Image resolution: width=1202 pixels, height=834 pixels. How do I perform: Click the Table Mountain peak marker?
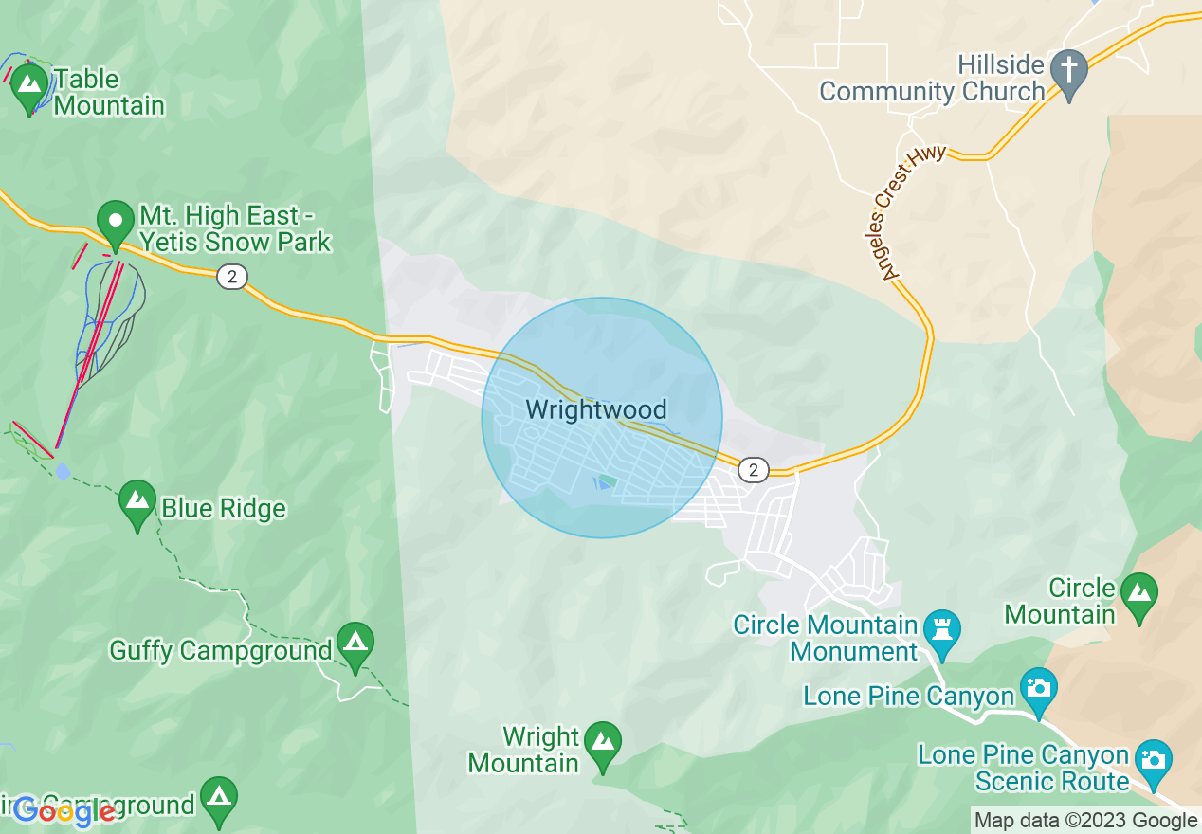point(29,84)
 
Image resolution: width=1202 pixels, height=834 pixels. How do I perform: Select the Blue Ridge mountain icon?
point(137,502)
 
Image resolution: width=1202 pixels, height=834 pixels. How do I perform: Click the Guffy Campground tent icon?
point(355,645)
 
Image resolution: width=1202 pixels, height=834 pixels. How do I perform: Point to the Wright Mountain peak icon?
point(603,745)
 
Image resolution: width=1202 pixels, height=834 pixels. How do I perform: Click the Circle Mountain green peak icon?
point(1138,595)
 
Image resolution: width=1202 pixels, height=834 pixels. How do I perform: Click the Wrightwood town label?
point(596,410)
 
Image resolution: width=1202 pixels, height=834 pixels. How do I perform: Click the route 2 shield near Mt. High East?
point(231,277)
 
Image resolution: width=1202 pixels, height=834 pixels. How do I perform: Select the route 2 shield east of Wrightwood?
point(753,469)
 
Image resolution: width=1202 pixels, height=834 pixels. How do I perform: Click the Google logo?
point(64,810)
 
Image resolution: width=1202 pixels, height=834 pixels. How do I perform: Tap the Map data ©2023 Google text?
point(1086,821)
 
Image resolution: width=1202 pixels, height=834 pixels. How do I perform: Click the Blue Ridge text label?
point(224,509)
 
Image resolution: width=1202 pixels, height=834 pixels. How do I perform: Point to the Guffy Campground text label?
point(221,651)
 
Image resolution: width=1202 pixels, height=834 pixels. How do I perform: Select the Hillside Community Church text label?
point(932,79)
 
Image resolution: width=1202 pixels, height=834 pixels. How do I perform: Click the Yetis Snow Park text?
point(236,243)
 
